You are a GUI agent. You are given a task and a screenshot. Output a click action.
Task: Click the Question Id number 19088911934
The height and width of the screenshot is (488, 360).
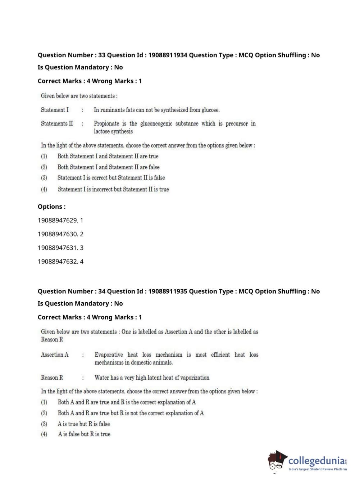168,55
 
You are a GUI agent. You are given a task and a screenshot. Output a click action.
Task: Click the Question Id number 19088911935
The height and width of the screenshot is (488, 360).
168,291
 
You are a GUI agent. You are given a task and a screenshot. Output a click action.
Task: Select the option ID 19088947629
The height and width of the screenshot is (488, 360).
58,220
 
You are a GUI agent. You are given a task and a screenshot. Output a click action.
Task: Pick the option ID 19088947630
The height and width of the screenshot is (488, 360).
58,234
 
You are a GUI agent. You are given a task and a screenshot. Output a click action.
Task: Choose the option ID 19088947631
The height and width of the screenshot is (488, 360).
58,248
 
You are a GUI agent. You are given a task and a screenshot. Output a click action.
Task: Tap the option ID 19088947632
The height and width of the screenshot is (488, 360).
58,261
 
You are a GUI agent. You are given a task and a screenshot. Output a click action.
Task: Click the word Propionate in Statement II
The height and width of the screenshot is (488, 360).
106,123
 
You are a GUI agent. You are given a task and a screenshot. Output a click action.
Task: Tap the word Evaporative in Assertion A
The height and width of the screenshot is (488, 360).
109,355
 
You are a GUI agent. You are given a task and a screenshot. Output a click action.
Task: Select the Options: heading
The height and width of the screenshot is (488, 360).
51,207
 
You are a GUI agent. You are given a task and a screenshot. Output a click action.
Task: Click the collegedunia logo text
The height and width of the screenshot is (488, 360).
316,461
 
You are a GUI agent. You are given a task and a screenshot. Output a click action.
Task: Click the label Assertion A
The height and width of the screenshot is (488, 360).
55,355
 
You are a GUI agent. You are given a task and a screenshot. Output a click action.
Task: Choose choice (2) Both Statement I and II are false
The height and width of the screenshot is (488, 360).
108,167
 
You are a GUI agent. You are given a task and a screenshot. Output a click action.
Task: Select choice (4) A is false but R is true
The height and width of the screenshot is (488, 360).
84,434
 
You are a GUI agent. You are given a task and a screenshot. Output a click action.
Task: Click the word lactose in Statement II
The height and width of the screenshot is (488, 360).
102,132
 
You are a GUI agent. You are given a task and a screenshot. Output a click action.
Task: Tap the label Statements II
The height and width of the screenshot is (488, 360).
57,123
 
